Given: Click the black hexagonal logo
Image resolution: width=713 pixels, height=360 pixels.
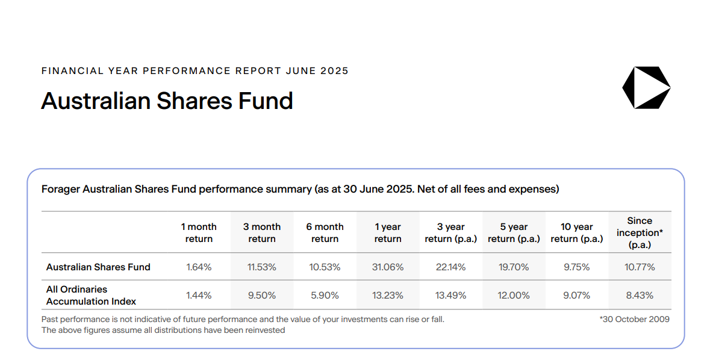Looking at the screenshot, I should tap(646, 87).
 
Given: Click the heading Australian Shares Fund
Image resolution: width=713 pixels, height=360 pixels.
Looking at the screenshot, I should tap(167, 101).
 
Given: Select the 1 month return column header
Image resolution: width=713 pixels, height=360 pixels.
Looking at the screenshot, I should tap(199, 232).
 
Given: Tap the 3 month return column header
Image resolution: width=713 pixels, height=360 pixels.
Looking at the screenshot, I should tap(262, 232).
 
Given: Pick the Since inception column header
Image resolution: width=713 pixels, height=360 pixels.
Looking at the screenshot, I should tap(640, 232).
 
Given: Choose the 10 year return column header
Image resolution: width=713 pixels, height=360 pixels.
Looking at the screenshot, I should tap(576, 232).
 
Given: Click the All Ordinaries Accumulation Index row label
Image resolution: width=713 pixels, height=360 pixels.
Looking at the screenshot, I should tap(91, 295).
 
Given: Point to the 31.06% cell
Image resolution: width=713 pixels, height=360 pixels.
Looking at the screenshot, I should tap(388, 267).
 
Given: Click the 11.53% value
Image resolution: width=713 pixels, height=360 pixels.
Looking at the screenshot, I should tap(262, 267).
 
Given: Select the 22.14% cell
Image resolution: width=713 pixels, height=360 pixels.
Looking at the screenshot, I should tap(450, 267).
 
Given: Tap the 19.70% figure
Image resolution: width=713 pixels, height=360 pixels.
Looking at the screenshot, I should tap(514, 267).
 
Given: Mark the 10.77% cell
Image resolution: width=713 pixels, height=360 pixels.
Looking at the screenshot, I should tap(640, 267).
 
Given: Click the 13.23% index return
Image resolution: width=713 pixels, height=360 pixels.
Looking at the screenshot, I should tap(388, 296).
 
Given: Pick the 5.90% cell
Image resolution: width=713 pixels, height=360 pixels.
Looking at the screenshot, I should tap(325, 296).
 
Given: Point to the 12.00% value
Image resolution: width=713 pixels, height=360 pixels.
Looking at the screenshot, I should tap(514, 296).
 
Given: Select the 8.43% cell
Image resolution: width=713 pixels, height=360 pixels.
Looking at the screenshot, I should tap(640, 296).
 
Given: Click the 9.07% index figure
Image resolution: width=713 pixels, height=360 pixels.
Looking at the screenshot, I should tap(576, 296).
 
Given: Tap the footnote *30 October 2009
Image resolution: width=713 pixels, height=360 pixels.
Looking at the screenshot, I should tap(634, 319).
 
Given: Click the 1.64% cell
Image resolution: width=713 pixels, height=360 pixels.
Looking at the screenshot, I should tap(199, 267).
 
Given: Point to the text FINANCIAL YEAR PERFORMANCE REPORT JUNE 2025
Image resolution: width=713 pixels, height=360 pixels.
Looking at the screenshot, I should tap(195, 71).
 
